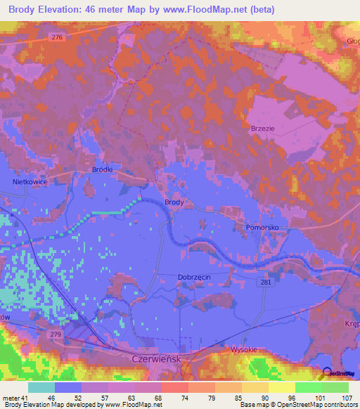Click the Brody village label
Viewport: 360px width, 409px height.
pyautogui.click(x=174, y=202)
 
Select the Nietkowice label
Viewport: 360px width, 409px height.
pyautogui.click(x=30, y=181)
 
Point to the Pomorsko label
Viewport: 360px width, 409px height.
pyautogui.click(x=263, y=228)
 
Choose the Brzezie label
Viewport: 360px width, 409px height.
pyautogui.click(x=262, y=129)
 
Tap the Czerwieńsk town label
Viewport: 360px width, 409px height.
pyautogui.click(x=157, y=358)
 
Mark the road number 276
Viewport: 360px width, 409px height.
pyautogui.click(x=58, y=37)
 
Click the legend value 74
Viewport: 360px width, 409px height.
pyautogui.click(x=174, y=397)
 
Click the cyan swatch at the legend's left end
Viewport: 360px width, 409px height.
pyautogui.click(x=41, y=387)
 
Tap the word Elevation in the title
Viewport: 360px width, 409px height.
pyautogui.click(x=67, y=10)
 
